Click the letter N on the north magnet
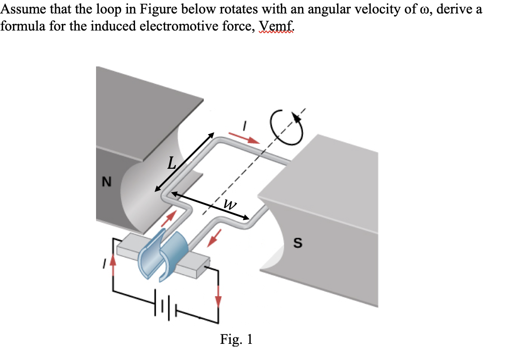(106, 182)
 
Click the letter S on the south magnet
(297, 243)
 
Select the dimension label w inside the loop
(229, 205)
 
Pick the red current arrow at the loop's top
(244, 137)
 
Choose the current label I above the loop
(245, 125)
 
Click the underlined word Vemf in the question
(276, 27)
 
